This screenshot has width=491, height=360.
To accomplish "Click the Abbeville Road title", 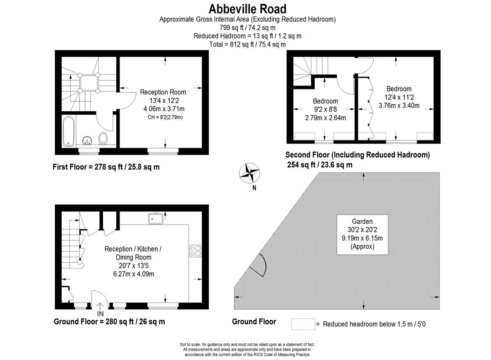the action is [x=248, y=9].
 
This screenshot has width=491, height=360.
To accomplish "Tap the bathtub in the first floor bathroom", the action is [x=69, y=131].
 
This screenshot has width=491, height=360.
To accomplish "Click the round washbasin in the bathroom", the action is [x=87, y=141].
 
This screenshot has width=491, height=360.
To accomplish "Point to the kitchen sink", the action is [x=155, y=219].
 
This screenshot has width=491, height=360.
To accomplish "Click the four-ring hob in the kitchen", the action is [x=195, y=251].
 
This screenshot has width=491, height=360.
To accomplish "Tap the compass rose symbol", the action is [x=249, y=173].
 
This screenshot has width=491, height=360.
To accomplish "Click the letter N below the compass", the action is [x=254, y=188].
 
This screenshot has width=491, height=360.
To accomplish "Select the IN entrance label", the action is [x=100, y=314].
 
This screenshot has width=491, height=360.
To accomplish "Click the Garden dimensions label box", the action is [x=363, y=235].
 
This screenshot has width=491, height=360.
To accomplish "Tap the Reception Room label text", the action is [x=163, y=92].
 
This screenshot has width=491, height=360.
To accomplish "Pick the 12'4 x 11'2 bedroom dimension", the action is [x=399, y=97].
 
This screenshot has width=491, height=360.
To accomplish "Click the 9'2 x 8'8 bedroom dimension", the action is [x=326, y=109].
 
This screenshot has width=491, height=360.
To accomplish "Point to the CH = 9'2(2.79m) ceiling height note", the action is [x=165, y=117].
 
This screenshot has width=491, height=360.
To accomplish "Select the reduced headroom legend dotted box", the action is [x=303, y=324].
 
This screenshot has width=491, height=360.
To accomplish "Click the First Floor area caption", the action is [x=106, y=167].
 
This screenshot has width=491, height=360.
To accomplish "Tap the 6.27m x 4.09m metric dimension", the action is [x=133, y=274].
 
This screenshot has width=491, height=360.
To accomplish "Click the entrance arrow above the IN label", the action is [x=100, y=306].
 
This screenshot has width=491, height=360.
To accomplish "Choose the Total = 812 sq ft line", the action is [x=248, y=45].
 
